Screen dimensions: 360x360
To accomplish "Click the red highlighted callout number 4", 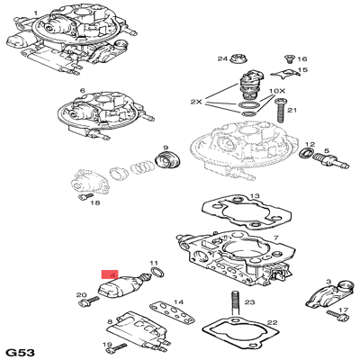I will pos(111,274).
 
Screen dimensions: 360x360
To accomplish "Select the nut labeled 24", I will pos(238,60).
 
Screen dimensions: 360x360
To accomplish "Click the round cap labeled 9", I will pos(166,163).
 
